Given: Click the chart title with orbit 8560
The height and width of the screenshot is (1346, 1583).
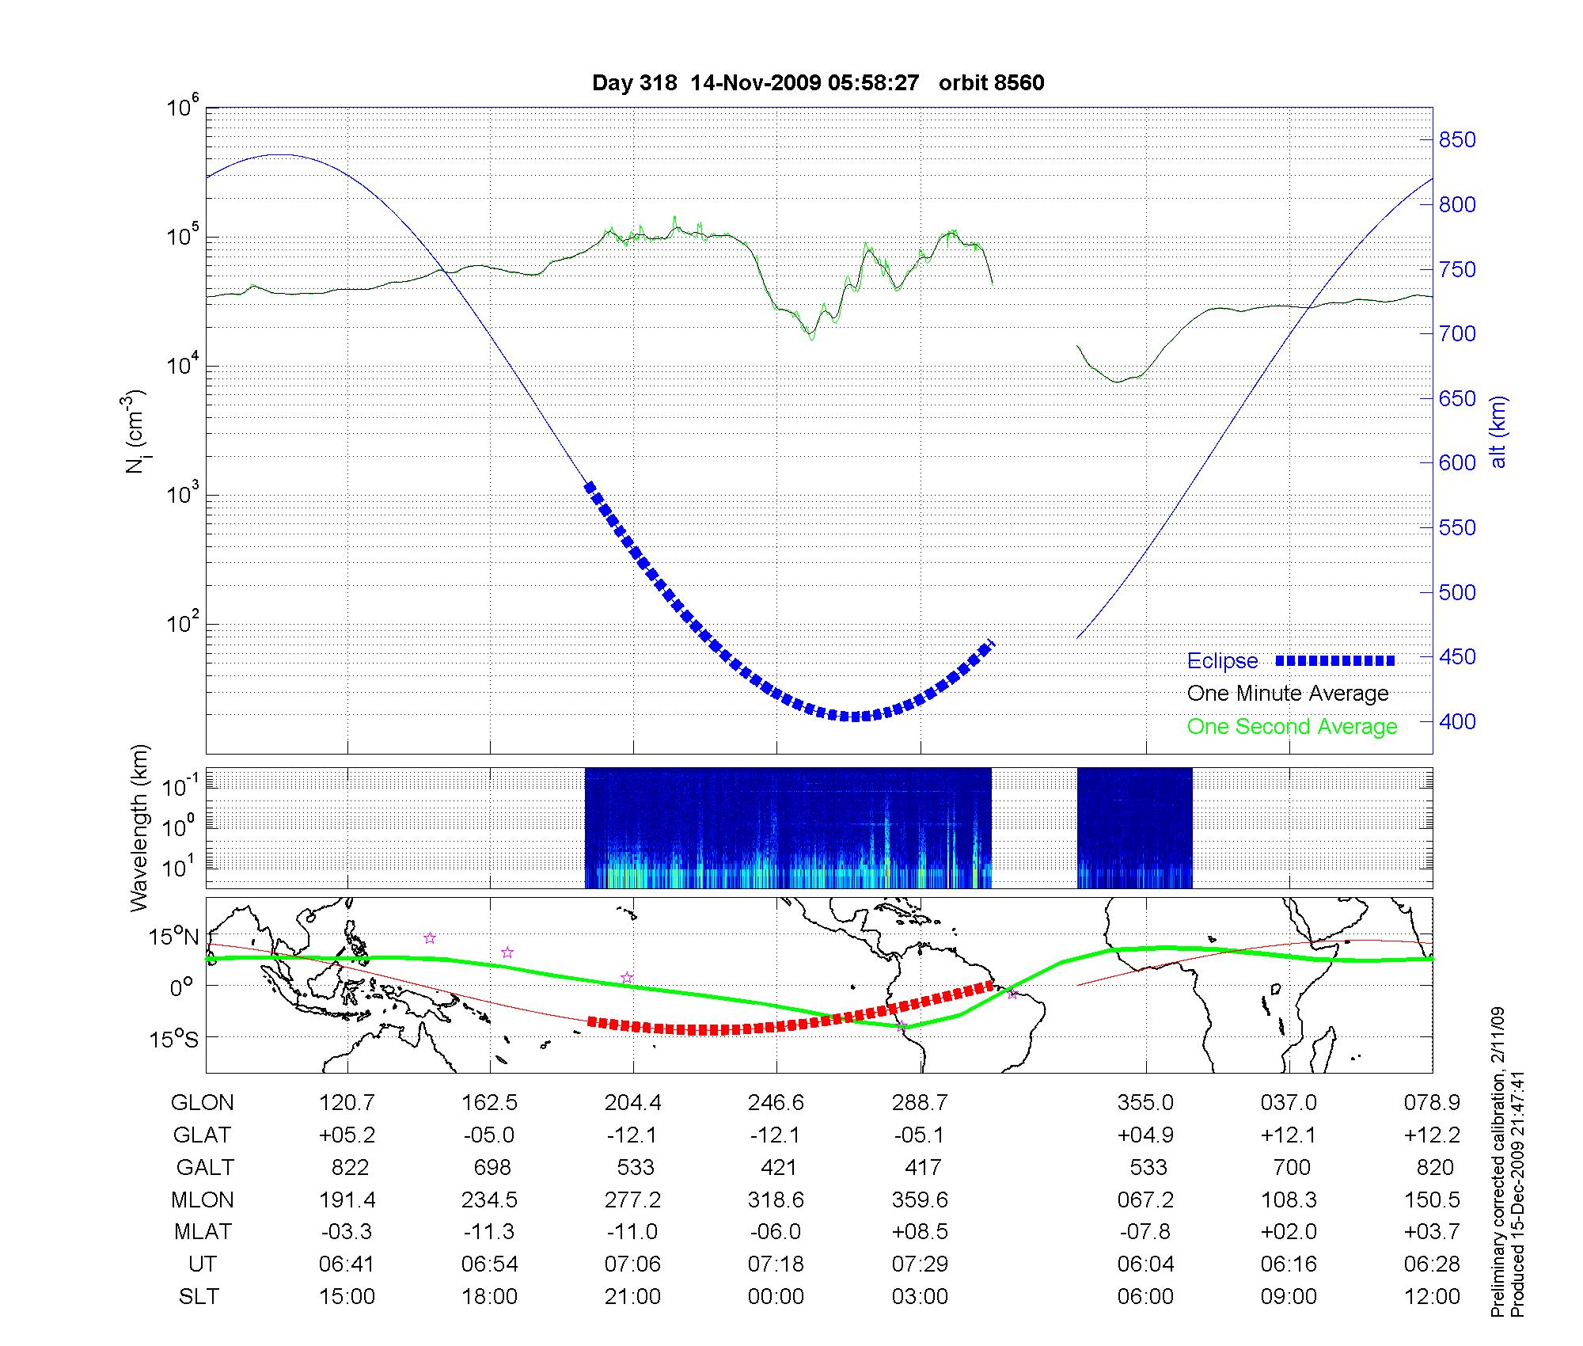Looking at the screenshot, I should (x=818, y=83).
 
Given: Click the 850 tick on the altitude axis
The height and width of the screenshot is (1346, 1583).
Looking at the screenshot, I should (x=1456, y=140).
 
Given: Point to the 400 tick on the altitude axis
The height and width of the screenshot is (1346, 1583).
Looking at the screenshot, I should (x=1456, y=721).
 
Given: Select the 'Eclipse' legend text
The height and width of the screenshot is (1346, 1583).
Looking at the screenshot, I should (x=1222, y=661).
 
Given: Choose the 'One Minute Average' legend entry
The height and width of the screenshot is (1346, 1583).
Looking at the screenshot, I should (x=1288, y=694).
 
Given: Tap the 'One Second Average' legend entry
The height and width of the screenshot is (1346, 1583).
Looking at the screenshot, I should (x=1292, y=727).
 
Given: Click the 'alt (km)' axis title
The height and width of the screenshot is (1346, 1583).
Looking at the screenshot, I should (x=1498, y=432).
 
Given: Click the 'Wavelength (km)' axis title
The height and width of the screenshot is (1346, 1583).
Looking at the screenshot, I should (x=140, y=828).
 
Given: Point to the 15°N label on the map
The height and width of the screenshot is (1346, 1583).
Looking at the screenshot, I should (x=175, y=937).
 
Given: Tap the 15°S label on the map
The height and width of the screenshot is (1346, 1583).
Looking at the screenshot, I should (x=175, y=1039).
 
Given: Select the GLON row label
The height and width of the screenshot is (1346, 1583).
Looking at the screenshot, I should (x=203, y=1103).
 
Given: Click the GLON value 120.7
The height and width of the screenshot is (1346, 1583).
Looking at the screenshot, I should (x=347, y=1103).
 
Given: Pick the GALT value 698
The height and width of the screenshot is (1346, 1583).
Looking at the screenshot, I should (x=491, y=1168).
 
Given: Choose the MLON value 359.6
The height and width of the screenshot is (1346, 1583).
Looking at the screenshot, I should (x=920, y=1200).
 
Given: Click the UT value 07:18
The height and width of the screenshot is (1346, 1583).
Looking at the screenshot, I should (x=776, y=1264).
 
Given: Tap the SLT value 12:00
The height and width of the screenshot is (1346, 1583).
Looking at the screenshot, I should (x=1432, y=1297).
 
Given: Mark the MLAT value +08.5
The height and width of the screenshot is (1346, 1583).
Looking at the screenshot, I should (x=920, y=1233).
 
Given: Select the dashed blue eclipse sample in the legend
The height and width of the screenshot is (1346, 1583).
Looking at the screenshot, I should (x=1334, y=661).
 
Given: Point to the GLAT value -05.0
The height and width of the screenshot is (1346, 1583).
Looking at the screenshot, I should (x=490, y=1135).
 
